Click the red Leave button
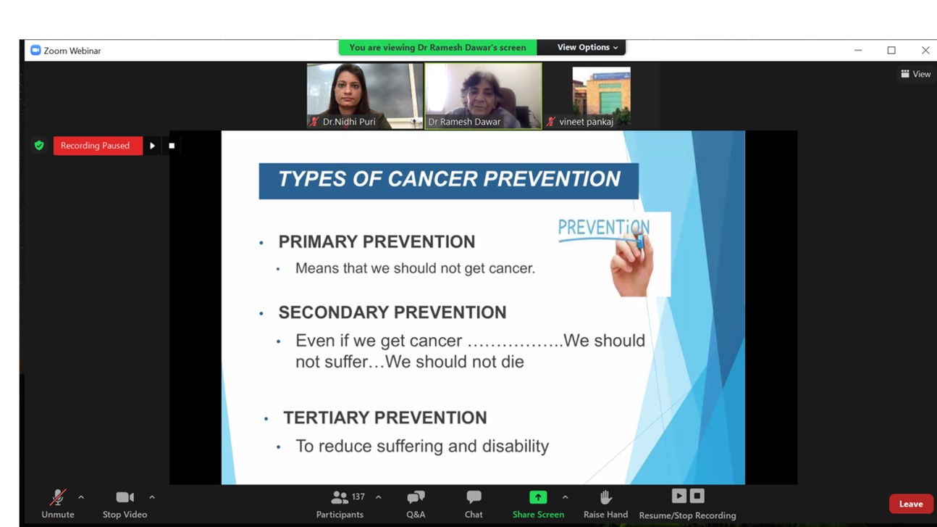(911, 504)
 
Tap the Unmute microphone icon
(58, 497)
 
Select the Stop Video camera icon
(125, 497)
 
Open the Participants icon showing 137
(339, 497)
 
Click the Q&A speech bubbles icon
(416, 497)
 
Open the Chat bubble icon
(474, 497)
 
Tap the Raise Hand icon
(605, 497)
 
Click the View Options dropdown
(587, 47)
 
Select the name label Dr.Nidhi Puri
(349, 122)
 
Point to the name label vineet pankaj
(586, 122)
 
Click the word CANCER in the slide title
(432, 179)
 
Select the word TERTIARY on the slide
(327, 418)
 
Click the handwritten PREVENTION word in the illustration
(604, 228)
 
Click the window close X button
(925, 50)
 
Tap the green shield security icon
(39, 146)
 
